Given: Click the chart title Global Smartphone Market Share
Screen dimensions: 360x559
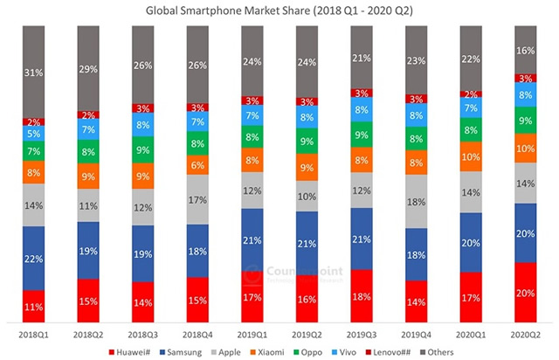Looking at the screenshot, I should pos(279,10).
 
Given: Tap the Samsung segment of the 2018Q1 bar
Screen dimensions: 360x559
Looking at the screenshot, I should pos(34,258).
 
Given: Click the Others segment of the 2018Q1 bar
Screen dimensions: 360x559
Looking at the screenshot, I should pos(34,72).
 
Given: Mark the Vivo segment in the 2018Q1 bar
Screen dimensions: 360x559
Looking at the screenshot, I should pos(34,135).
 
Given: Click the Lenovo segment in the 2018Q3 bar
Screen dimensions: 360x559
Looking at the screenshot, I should pos(144,108).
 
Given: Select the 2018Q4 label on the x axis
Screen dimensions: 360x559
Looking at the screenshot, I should pos(199,335).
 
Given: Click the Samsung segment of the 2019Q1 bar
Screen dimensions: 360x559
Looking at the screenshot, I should pos(254,239).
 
